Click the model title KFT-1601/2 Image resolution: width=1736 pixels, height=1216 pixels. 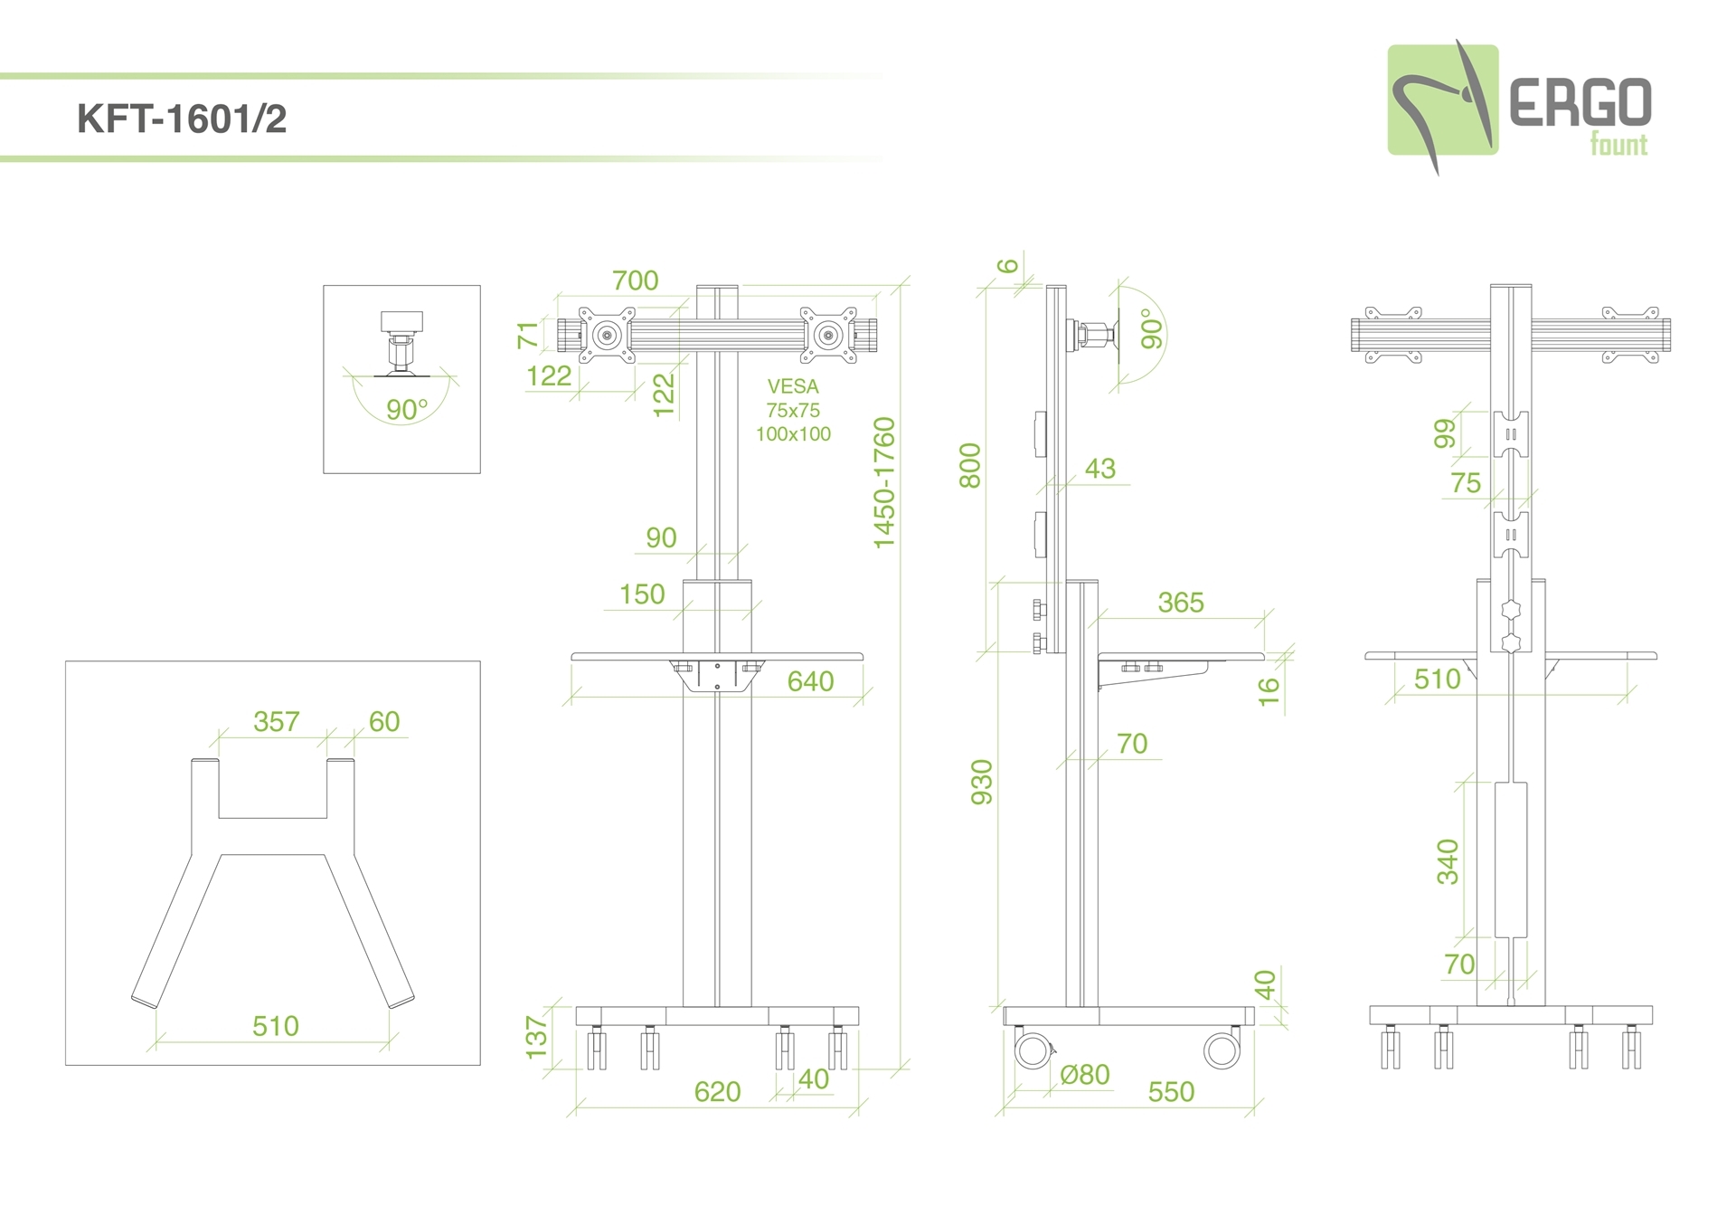click(182, 119)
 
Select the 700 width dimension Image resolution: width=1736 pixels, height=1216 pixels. click(635, 280)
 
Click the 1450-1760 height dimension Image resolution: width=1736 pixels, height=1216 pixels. click(883, 482)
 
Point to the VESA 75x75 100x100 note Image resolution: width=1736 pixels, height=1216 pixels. click(793, 410)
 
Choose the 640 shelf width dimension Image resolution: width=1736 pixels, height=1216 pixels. click(810, 681)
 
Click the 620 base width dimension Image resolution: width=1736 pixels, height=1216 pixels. click(717, 1092)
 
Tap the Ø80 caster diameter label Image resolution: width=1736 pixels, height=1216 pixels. click(1084, 1075)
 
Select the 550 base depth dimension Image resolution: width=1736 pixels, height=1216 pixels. click(1171, 1092)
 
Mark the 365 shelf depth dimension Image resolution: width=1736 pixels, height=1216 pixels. click(1181, 603)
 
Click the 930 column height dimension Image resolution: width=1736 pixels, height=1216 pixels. click(982, 782)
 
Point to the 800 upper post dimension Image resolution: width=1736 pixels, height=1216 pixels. click(970, 466)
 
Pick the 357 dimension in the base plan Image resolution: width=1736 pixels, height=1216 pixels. click(276, 721)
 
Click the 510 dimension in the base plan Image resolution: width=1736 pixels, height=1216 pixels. click(275, 1026)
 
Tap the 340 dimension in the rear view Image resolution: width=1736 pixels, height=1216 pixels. click(1448, 861)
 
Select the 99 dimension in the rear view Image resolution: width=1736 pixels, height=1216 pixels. click(1446, 433)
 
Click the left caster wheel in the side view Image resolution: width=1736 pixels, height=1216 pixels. click(1030, 1050)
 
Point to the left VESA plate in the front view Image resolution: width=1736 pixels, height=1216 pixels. click(606, 336)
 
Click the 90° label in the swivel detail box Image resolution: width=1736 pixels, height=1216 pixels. click(406, 410)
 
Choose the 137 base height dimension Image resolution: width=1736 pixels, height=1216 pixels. click(537, 1037)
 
